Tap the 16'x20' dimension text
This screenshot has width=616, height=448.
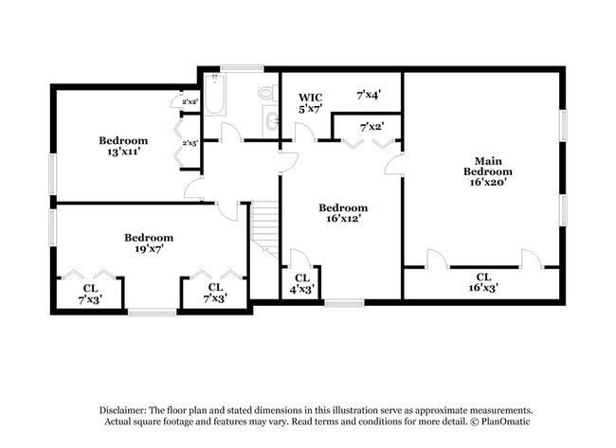coord(488,183)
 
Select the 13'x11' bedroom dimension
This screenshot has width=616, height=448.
coord(123,152)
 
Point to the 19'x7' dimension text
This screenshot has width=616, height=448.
coord(149,249)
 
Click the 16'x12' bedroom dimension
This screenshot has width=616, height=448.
coord(342,219)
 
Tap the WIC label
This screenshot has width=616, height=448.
coord(311,98)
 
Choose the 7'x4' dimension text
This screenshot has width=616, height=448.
coord(369,96)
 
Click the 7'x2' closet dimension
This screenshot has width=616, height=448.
coord(371,127)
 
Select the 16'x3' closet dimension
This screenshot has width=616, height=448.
coord(483,286)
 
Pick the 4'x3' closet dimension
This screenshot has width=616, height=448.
coord(302,288)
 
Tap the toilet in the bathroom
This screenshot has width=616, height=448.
coord(268,93)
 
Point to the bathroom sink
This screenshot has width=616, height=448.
coord(272,121)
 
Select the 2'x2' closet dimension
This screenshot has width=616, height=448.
coord(190,101)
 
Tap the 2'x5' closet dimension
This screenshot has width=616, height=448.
coord(190,144)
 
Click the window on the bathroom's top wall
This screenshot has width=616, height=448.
coord(243,68)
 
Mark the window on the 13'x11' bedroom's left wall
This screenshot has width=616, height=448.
coord(52,174)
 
